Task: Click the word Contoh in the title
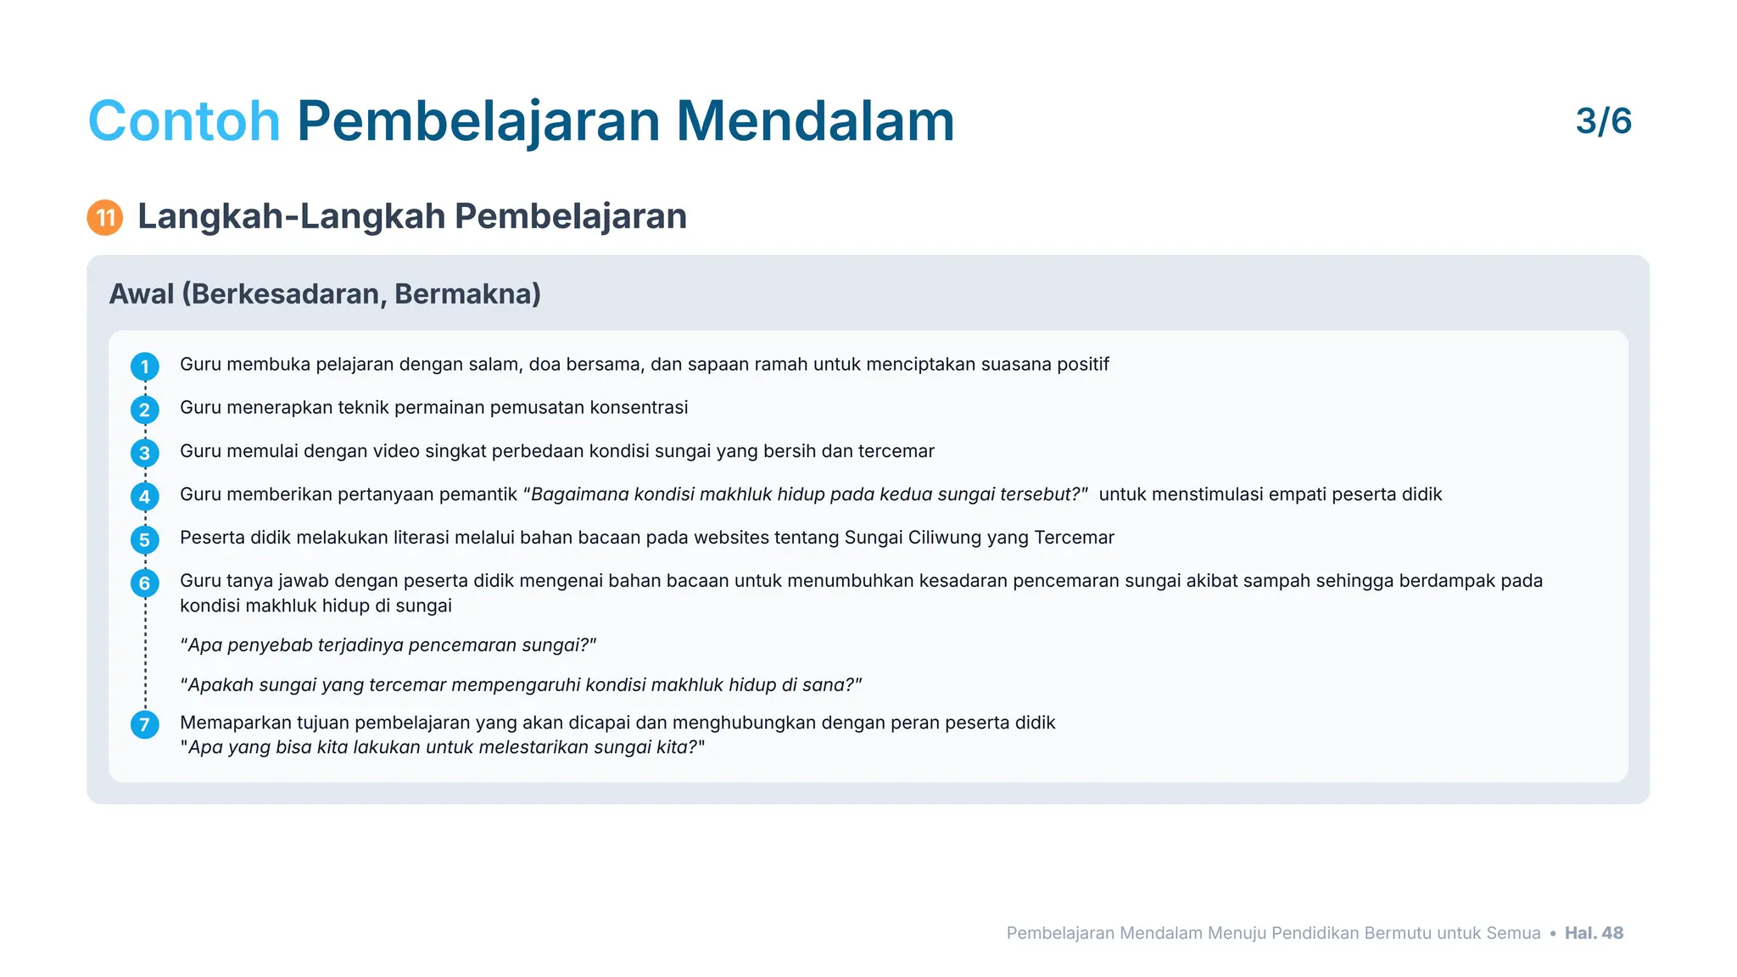click(183, 121)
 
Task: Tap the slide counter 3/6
click(1603, 121)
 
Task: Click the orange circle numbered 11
click(105, 218)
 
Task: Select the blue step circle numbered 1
click(145, 367)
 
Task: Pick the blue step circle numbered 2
click(145, 410)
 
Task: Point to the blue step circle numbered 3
click(145, 454)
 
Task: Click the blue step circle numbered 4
click(145, 497)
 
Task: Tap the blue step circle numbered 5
click(145, 540)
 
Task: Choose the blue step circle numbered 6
click(145, 583)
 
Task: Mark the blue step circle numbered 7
click(145, 725)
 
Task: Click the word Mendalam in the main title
click(814, 121)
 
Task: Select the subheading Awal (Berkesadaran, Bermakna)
click(325, 294)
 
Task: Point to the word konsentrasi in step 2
click(639, 408)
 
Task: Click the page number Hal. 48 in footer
click(1594, 933)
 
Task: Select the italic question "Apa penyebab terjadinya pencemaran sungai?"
click(388, 645)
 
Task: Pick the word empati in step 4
click(1298, 494)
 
